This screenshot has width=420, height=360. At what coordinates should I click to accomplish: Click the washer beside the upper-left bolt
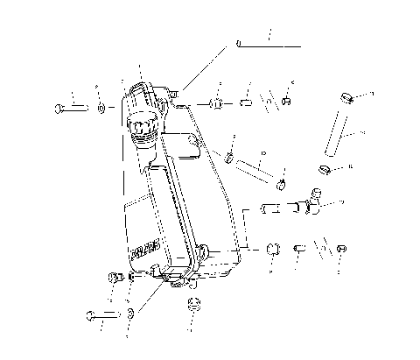[101, 108]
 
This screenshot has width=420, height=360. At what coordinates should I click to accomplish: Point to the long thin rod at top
[267, 41]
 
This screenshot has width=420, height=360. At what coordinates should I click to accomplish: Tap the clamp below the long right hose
[323, 166]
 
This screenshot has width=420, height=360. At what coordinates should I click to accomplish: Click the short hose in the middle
[256, 167]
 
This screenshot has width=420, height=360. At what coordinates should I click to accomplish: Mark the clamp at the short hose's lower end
[282, 183]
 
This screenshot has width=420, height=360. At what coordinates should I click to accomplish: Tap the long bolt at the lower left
[101, 313]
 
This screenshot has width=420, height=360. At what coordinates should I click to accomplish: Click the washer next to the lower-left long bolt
[130, 313]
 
